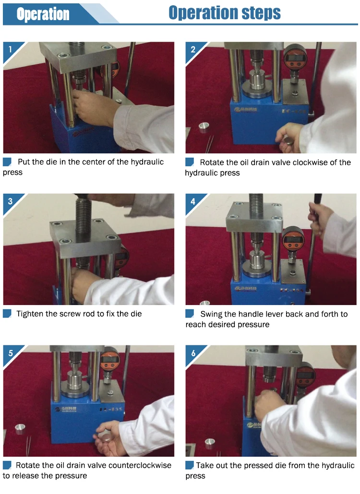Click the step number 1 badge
coord(11,49)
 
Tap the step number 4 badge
coord(193,201)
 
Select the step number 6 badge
coord(193,353)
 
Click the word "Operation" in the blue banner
coord(43,14)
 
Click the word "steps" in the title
coord(261,13)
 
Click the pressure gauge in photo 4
coord(293,239)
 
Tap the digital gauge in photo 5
coord(110,359)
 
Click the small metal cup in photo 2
coord(204,127)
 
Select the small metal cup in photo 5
coord(20,428)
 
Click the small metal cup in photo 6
coord(210,443)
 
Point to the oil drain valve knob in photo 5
coord(105,436)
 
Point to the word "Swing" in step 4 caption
coord(211,315)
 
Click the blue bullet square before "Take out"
coord(190,465)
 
